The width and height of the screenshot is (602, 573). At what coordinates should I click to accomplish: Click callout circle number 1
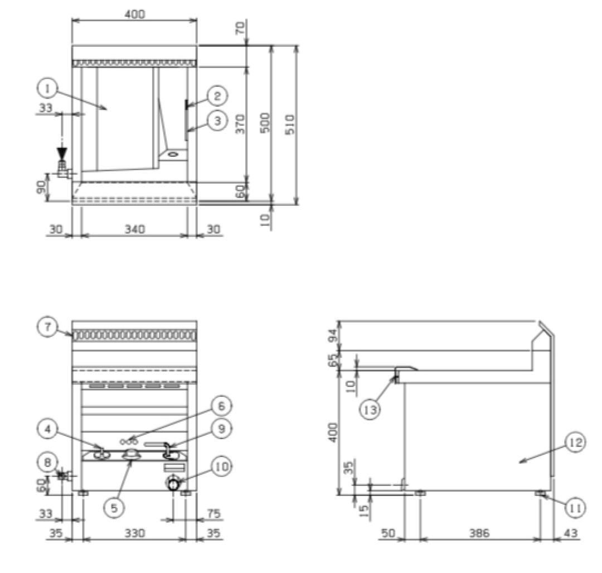[x=47, y=89]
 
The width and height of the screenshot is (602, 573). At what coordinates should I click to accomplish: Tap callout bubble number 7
[x=47, y=328]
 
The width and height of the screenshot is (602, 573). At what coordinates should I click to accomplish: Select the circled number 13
[x=370, y=410]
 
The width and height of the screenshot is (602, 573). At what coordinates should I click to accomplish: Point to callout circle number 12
[x=575, y=442]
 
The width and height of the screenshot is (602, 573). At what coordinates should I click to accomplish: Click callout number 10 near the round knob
[x=221, y=467]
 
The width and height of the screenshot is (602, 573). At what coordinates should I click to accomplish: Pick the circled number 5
[x=114, y=508]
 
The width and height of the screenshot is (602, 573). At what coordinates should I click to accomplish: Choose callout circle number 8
[x=47, y=463]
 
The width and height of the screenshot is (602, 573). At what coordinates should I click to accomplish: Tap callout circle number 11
[x=575, y=508]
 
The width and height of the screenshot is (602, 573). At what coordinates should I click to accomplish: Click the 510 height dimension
[x=290, y=124]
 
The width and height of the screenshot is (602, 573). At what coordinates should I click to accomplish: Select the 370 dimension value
[x=240, y=123]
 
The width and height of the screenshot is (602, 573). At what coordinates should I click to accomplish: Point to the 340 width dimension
[x=135, y=229]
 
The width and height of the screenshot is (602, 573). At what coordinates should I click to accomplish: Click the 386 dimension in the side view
[x=479, y=533]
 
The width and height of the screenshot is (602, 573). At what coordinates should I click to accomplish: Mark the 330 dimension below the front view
[x=135, y=533]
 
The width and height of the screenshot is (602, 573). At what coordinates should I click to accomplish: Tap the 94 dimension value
[x=334, y=335]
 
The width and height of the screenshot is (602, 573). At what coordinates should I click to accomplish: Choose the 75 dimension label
[x=213, y=513]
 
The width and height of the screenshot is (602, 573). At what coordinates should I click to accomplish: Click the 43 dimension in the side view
[x=571, y=533]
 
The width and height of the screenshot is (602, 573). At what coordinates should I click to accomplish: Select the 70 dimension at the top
[x=240, y=28]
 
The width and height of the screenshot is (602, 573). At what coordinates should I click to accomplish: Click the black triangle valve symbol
[x=61, y=152]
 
